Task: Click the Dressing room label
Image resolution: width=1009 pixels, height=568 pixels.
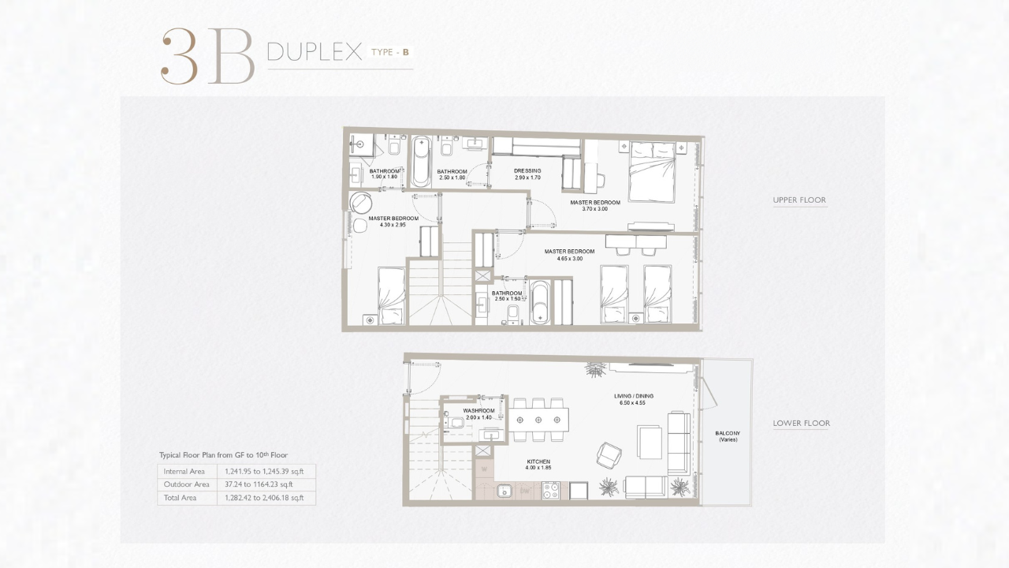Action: [x=527, y=171]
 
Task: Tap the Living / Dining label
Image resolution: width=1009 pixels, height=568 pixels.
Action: [x=633, y=396]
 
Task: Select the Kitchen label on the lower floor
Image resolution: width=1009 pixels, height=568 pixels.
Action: [x=538, y=461]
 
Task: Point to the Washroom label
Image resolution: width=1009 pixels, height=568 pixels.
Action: [x=478, y=411]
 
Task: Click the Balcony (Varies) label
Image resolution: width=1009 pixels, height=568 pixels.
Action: [x=728, y=436]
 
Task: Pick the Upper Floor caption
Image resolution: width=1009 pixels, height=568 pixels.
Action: [x=799, y=200]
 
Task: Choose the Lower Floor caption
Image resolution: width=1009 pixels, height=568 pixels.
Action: [x=802, y=424]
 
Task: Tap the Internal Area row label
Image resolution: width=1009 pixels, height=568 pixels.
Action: [x=184, y=472]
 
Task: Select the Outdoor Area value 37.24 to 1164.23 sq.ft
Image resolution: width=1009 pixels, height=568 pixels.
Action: [x=259, y=484]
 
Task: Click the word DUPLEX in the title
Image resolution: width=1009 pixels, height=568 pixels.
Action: [x=315, y=52]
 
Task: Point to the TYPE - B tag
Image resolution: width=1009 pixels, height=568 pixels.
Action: [x=390, y=52]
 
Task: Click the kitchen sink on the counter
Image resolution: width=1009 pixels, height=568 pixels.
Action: [x=504, y=491]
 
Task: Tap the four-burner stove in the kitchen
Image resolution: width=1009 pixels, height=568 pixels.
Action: [x=550, y=491]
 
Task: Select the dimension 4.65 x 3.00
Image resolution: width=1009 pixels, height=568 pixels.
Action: [x=569, y=259]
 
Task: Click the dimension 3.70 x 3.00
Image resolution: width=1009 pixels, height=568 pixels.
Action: [x=594, y=209]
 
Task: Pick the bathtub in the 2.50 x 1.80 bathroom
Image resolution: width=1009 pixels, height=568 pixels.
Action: [x=421, y=162]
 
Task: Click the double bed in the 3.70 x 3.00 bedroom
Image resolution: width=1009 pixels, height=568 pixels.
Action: [x=652, y=172]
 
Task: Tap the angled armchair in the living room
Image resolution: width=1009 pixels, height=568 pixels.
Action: [x=609, y=455]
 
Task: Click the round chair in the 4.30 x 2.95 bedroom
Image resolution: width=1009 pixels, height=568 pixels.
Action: [x=361, y=204]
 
